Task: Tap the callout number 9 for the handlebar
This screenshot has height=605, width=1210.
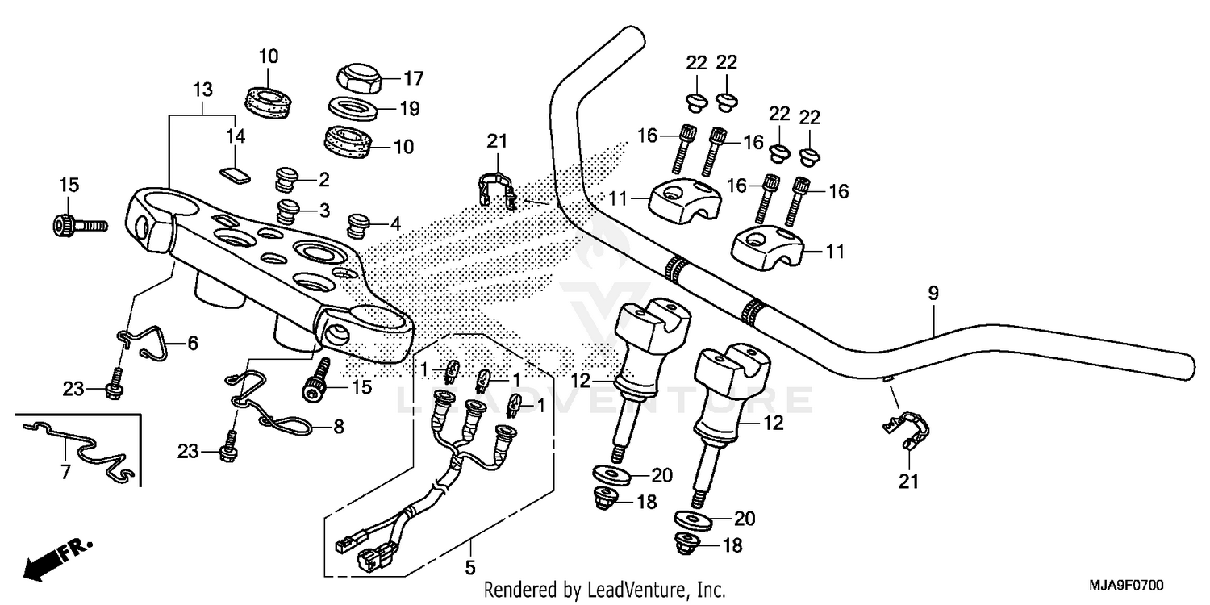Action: tap(933, 294)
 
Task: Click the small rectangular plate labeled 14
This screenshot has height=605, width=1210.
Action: tap(234, 172)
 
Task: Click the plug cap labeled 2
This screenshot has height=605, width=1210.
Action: tap(288, 177)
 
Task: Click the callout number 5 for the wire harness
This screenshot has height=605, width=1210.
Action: tap(469, 568)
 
